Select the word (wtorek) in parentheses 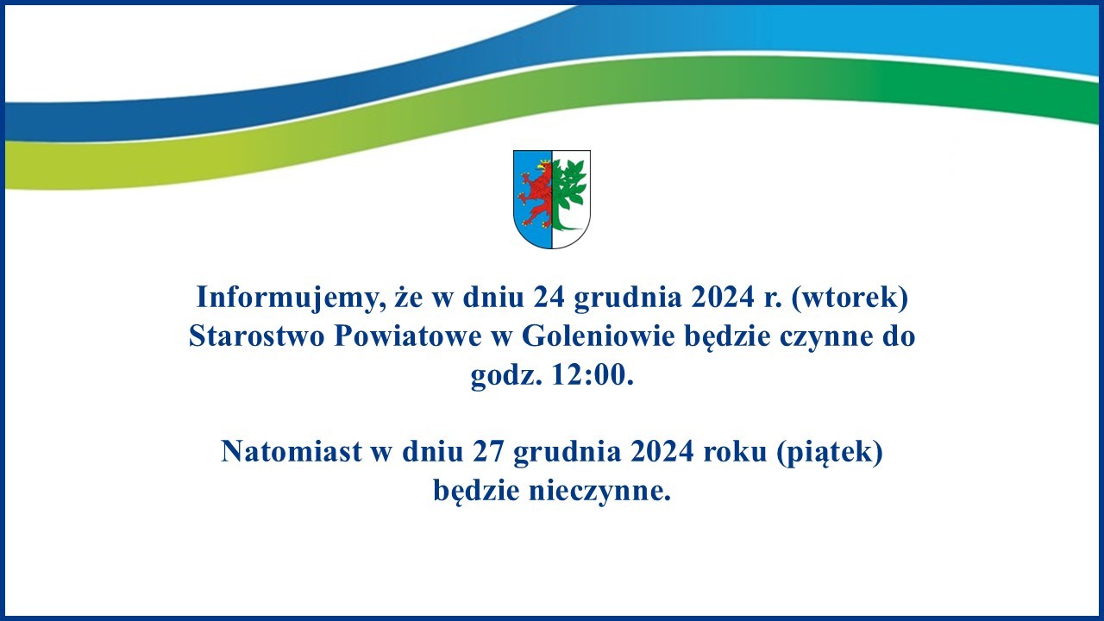[850, 298]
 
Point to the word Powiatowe [408, 336]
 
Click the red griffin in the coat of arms [536, 194]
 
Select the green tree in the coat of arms [568, 195]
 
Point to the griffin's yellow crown [544, 162]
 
